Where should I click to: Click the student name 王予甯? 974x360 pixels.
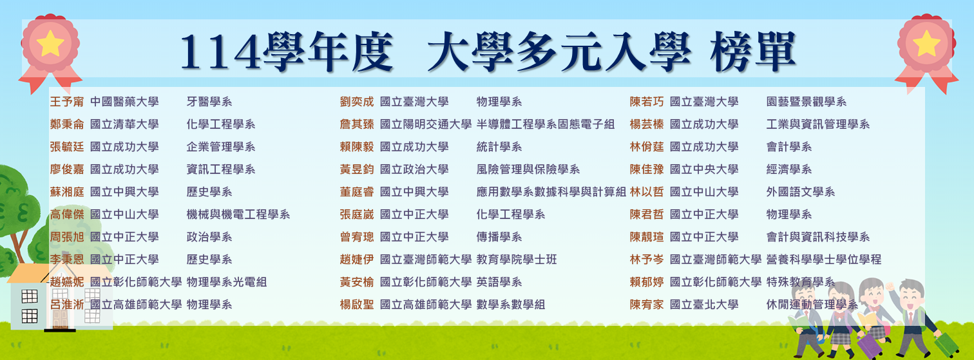(67, 102)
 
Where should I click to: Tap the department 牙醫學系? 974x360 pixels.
(209, 102)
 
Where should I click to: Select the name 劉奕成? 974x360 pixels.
(357, 102)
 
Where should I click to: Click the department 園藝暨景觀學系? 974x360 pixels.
(807, 102)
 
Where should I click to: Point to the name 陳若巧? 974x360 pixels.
(647, 102)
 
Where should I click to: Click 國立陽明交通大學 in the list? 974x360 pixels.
(426, 124)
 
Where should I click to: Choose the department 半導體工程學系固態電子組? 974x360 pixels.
(546, 124)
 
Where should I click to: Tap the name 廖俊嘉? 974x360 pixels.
(67, 169)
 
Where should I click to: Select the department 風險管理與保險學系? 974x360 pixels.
(528, 169)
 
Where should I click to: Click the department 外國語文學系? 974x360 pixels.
(801, 192)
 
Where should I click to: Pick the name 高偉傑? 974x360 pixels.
(67, 214)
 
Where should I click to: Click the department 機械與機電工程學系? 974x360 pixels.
(238, 214)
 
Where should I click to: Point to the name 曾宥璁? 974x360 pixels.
(357, 237)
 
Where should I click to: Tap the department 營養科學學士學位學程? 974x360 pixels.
(824, 260)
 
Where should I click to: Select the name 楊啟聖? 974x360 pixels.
(357, 305)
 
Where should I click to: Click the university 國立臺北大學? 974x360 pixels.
(704, 305)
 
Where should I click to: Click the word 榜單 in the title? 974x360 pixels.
(753, 52)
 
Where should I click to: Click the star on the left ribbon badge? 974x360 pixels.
(50, 43)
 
